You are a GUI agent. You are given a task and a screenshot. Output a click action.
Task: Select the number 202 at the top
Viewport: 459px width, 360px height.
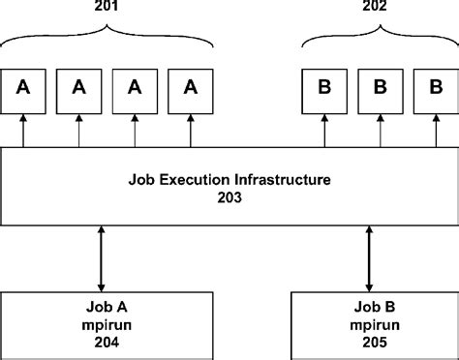point(373,9)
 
